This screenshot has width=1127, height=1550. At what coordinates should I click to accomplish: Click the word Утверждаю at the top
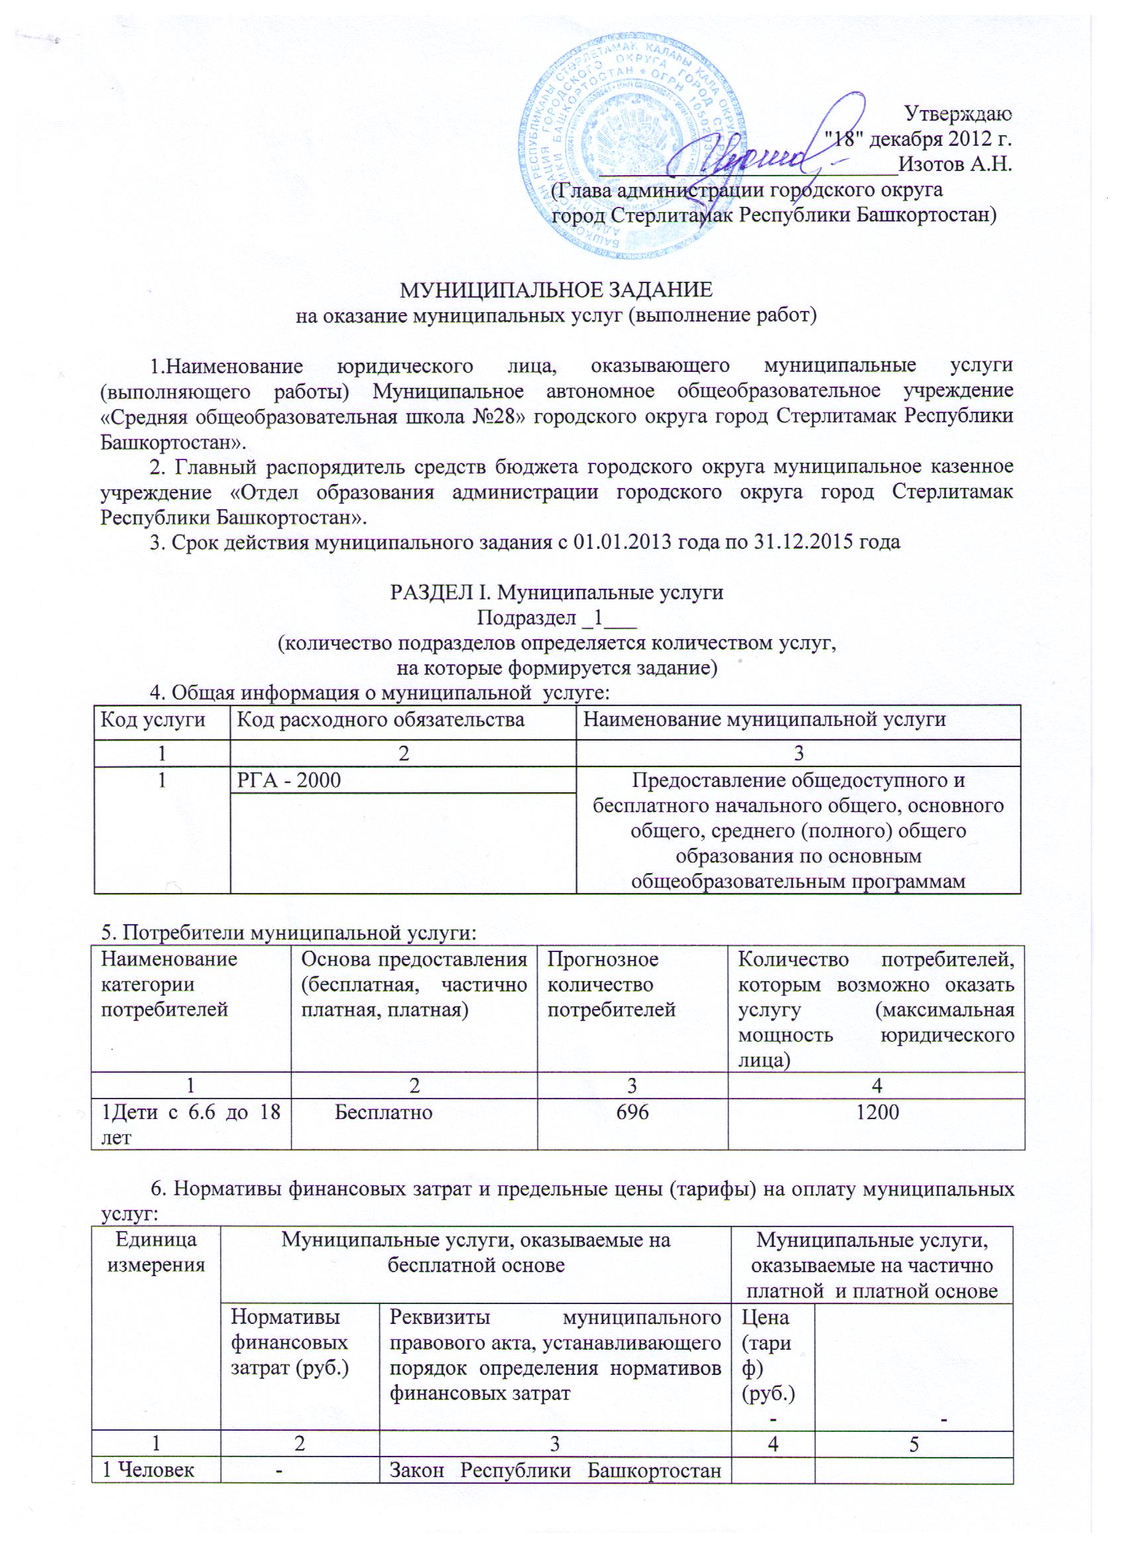[957, 112]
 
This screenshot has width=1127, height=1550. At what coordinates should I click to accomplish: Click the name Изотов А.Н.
[955, 164]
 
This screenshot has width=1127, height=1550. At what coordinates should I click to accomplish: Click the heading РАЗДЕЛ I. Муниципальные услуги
[556, 592]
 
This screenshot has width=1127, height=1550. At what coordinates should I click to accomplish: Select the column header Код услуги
[153, 720]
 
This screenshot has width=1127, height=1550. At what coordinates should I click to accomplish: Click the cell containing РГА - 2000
[288, 780]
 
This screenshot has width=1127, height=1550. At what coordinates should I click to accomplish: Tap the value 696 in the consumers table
[632, 1112]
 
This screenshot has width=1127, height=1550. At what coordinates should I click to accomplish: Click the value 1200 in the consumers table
[878, 1112]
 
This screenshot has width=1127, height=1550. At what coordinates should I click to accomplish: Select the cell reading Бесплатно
[383, 1112]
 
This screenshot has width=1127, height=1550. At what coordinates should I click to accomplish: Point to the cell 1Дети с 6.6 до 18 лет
[191, 1124]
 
